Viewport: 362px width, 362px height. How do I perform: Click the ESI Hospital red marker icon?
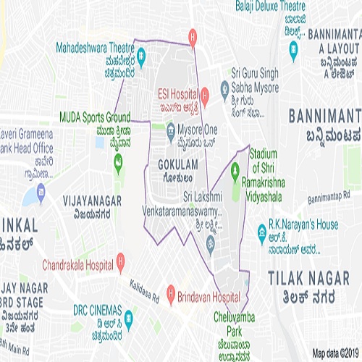[x=205, y=94]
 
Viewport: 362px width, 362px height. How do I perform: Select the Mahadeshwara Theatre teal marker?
[x=141, y=54]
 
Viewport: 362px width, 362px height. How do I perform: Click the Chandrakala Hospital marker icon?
[x=121, y=259]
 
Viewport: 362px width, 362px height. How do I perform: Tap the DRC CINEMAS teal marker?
[x=128, y=316]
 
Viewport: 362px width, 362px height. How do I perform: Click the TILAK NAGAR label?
[x=313, y=278]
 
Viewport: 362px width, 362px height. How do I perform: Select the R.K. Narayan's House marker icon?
[x=262, y=231]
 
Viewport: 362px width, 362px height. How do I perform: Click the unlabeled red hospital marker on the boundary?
[x=193, y=35]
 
